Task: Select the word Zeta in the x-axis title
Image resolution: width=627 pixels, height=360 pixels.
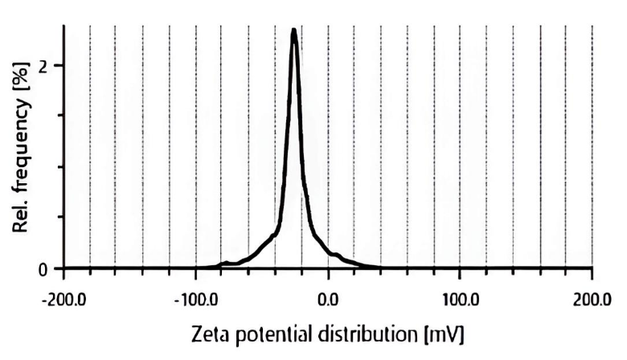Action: click(211, 333)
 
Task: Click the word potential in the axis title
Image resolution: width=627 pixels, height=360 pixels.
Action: click(271, 333)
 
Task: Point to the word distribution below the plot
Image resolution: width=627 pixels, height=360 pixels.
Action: click(367, 333)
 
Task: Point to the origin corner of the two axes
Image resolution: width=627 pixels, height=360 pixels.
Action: click(64, 268)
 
